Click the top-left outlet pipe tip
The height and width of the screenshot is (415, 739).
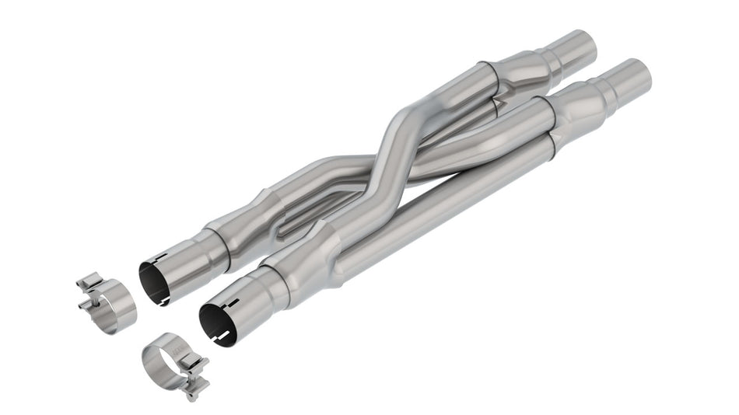(x=579, y=45)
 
